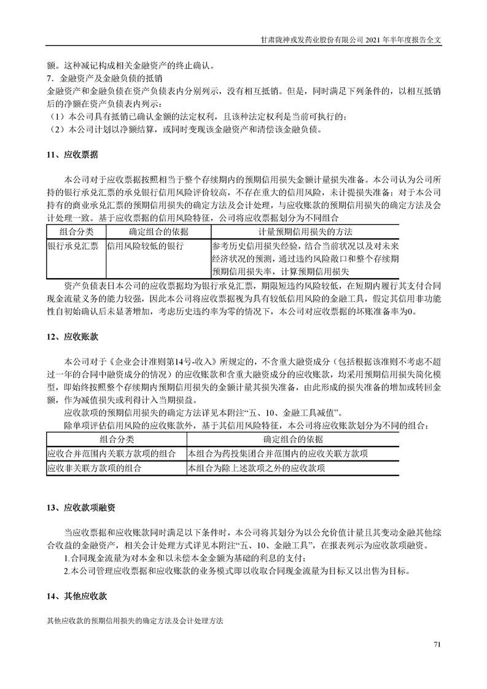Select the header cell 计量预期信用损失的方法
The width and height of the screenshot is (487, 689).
[305, 232]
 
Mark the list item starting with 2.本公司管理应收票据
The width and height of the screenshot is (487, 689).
[236, 570]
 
